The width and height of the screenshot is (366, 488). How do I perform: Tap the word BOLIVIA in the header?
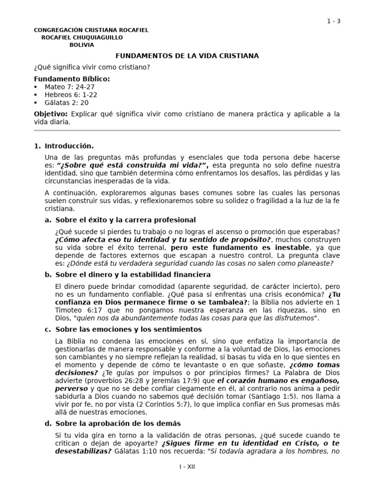tap(81, 45)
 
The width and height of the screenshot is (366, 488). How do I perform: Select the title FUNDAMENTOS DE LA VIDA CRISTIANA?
tap(187, 56)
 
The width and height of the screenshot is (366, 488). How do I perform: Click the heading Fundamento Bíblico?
tap(71, 79)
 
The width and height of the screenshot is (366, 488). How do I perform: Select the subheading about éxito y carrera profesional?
tap(125, 220)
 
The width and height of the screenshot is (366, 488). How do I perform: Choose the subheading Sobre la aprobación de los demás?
tap(118, 423)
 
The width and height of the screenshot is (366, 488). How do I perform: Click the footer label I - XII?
tap(187, 467)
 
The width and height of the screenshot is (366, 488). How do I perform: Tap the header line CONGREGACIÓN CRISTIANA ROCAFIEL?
tap(91, 30)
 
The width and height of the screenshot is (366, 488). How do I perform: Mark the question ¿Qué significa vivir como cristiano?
tap(92, 67)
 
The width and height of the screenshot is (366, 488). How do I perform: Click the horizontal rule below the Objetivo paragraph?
tap(187, 130)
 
